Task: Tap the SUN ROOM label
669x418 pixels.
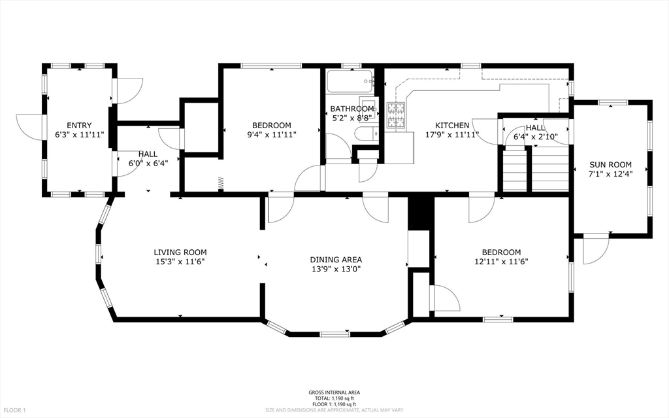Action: pyautogui.click(x=610, y=164)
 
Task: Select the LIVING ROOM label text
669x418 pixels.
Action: pyautogui.click(x=180, y=252)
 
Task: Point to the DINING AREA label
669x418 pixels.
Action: pyautogui.click(x=336, y=259)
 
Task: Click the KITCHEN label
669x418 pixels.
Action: pyautogui.click(x=452, y=125)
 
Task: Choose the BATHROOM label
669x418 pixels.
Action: pyautogui.click(x=351, y=109)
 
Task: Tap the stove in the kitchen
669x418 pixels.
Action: pyautogui.click(x=396, y=116)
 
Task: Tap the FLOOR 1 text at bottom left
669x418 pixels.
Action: pyautogui.click(x=14, y=410)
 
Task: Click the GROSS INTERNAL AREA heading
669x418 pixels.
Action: pyautogui.click(x=334, y=392)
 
